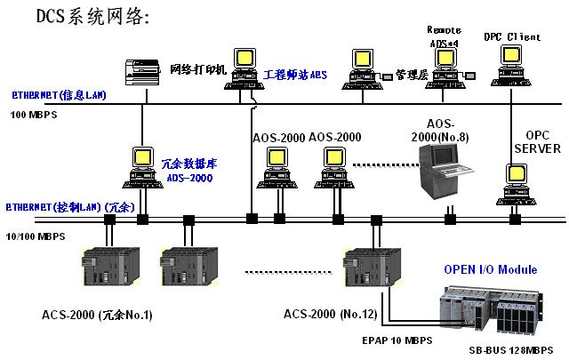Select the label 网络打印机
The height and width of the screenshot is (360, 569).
[x=198, y=68]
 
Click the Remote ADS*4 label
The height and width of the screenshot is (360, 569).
[x=444, y=35]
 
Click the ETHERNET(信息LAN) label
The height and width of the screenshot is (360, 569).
[x=59, y=94]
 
